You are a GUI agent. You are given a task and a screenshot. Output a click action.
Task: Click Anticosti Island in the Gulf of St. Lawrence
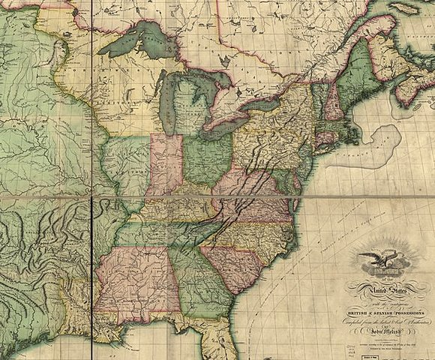click(403, 7)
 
